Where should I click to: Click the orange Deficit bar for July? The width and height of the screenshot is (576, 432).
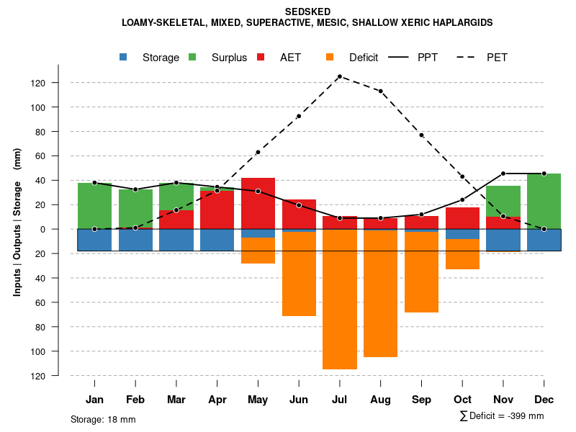[x=340, y=299]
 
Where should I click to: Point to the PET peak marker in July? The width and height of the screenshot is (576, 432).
[x=340, y=76]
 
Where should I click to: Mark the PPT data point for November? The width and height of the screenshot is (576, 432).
[x=503, y=174]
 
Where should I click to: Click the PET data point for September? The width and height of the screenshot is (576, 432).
[x=421, y=135]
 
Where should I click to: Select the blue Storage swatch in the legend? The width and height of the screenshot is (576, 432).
[x=124, y=57]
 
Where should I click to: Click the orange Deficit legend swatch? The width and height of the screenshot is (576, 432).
[x=330, y=57]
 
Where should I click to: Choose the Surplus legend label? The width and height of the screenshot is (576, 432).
[x=229, y=58]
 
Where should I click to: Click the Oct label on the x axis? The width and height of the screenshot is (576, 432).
[x=462, y=400]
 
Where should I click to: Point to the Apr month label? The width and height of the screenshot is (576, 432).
[x=217, y=400]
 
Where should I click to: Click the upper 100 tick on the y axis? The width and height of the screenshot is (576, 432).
[x=58, y=107]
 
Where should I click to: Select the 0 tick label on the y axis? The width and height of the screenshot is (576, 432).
[x=62, y=229]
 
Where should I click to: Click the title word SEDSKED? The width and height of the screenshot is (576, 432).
[x=307, y=12]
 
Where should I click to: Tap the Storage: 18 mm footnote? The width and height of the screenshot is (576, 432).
[x=103, y=419]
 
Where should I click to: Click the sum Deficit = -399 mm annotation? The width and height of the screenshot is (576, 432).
[x=501, y=416]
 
